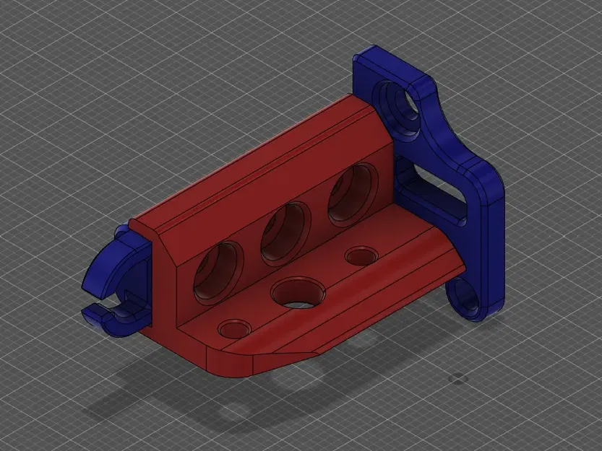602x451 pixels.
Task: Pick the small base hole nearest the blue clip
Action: tap(234, 328)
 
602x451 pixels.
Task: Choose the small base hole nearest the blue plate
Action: tap(359, 256)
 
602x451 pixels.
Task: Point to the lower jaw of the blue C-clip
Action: tap(108, 318)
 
